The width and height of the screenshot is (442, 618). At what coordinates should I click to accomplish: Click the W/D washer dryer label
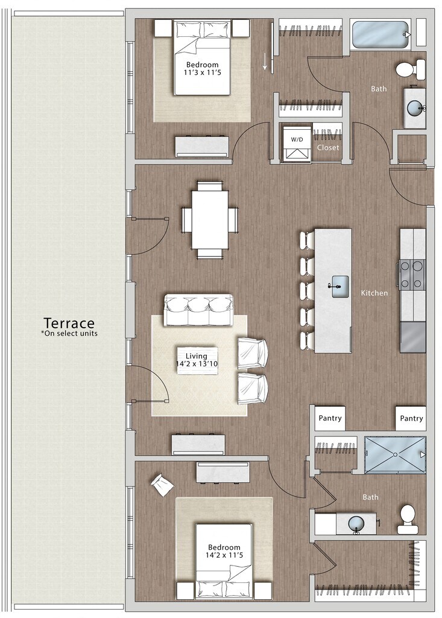coord(295,139)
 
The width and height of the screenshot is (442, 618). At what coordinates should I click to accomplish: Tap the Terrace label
coord(69,323)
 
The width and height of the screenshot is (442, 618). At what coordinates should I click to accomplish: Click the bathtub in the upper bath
coord(381,34)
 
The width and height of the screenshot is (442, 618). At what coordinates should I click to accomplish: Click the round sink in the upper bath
coord(415,108)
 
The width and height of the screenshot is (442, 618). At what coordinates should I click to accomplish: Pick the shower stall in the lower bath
coord(395,454)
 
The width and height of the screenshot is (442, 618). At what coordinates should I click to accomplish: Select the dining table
coord(210,220)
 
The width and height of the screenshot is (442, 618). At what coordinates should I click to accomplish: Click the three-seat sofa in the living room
coord(198,310)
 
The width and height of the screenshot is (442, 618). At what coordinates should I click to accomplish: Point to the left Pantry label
coord(330,418)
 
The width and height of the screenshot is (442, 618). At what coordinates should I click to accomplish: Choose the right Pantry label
coord(411,418)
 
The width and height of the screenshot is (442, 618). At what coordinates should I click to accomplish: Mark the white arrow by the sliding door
coord(265,62)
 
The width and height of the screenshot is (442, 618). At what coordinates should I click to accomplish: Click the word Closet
coord(328,147)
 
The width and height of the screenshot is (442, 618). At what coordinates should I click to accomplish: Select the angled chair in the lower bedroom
coord(162,485)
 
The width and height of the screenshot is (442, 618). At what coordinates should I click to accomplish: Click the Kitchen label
coord(374,293)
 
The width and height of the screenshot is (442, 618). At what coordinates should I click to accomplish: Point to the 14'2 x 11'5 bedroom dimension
coord(224,555)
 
